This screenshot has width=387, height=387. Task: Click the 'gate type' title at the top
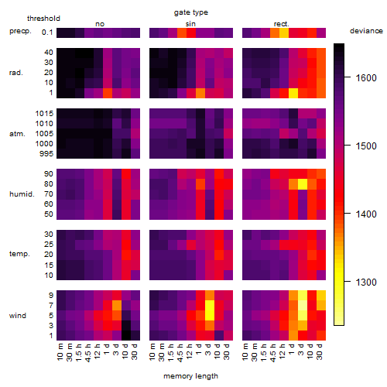[191, 12]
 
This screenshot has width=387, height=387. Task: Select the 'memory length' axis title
[190, 376]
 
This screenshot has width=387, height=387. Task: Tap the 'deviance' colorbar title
[366, 31]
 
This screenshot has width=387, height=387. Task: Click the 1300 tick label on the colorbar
[366, 282]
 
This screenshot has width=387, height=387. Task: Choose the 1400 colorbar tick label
[366, 214]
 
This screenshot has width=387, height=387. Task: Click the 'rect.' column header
[281, 24]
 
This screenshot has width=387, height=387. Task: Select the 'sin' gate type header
[190, 24]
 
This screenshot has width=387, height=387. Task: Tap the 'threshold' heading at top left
[43, 19]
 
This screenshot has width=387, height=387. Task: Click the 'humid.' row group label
[22, 193]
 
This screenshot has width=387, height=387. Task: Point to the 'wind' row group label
[18, 316]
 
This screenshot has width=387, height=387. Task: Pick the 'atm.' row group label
[17, 134]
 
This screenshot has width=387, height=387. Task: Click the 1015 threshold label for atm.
[44, 114]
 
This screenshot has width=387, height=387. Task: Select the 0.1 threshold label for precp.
[47, 33]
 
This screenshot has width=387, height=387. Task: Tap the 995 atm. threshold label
[46, 154]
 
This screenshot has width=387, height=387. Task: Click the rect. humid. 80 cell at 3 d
[303, 184]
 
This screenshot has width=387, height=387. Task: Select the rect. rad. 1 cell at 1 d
[293, 93]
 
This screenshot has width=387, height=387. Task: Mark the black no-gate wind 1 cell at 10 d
[126, 335]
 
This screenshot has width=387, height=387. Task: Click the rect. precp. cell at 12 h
[284, 33]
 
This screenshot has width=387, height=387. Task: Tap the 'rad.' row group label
[16, 73]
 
